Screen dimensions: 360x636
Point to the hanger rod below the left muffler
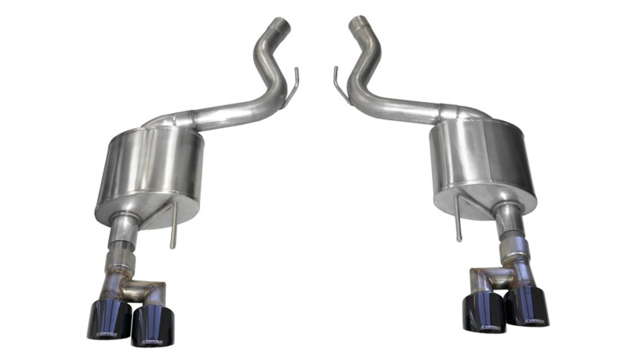(x=173, y=226)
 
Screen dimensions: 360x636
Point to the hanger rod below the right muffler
(x=458, y=221)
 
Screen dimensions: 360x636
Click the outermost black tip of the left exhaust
(x=105, y=319)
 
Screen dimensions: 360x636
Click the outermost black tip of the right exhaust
(x=528, y=307)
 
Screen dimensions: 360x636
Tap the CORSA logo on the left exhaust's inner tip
(x=150, y=340)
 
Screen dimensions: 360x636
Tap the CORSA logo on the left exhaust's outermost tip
(x=107, y=334)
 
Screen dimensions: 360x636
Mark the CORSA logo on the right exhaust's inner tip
(x=489, y=327)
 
